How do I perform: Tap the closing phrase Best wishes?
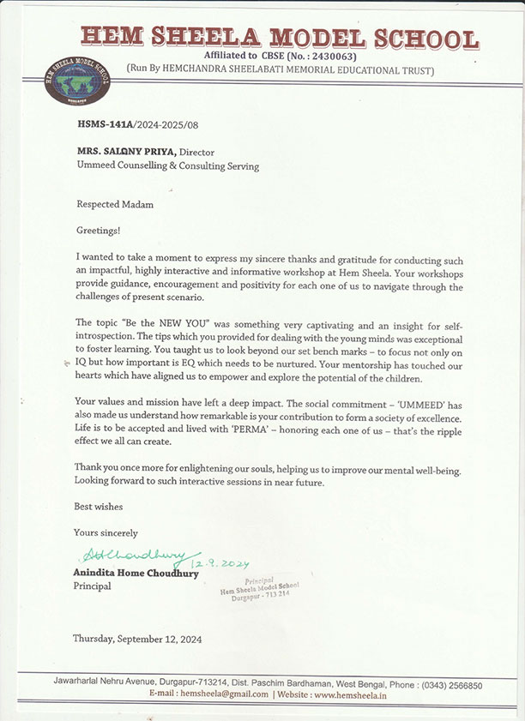pyautogui.click(x=99, y=507)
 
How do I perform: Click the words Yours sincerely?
pyautogui.click(x=106, y=532)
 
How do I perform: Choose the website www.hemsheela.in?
pyautogui.click(x=350, y=695)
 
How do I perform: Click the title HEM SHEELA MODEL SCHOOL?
pyautogui.click(x=280, y=38)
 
